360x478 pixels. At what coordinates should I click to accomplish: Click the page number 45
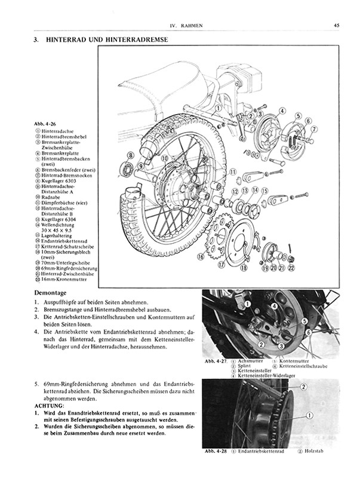[337, 25]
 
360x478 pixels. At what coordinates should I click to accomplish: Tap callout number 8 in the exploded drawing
[131, 155]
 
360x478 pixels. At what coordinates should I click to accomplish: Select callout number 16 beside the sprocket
[201, 256]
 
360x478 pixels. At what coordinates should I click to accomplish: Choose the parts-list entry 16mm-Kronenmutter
[64, 280]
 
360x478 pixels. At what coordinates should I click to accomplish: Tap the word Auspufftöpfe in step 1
[59, 302]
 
